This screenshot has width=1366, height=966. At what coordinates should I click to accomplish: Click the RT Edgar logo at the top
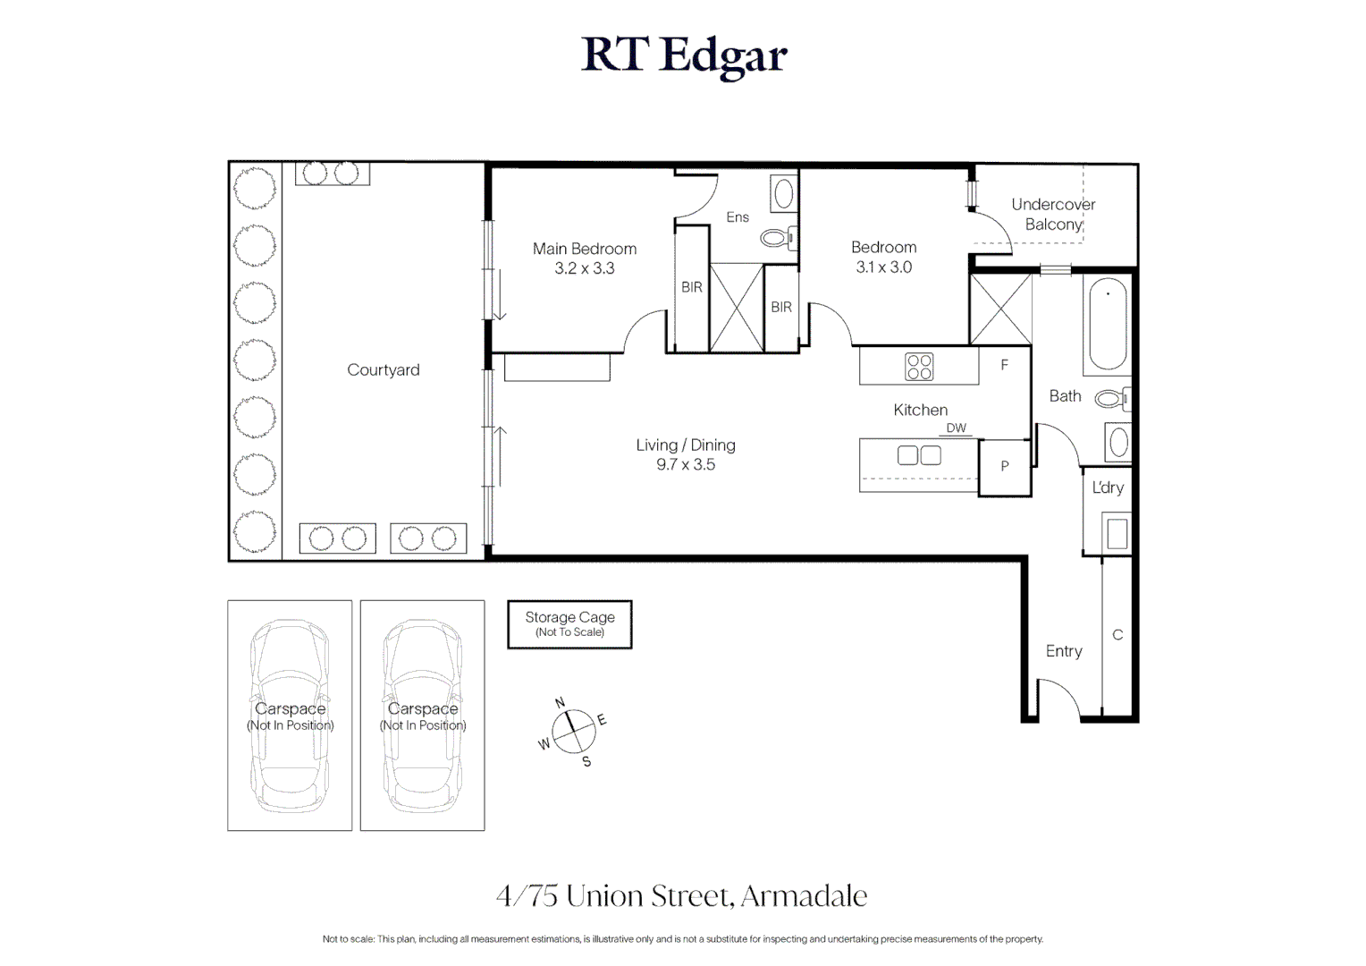(x=684, y=55)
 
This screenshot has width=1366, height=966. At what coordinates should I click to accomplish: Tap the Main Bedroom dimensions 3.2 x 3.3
(x=585, y=268)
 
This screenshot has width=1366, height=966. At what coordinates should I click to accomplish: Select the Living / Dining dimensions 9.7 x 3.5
(x=686, y=464)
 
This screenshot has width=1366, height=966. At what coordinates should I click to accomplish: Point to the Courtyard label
(x=383, y=369)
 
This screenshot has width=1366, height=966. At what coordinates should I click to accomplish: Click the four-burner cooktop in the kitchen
(x=919, y=367)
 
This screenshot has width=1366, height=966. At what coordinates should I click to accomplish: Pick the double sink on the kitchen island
(x=919, y=455)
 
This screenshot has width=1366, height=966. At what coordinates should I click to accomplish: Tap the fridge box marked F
(x=1005, y=365)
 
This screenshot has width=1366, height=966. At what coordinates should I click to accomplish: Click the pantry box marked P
(x=1005, y=466)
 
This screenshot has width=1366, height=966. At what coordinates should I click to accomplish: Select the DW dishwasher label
(x=956, y=428)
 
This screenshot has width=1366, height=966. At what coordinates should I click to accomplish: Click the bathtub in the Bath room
(x=1108, y=325)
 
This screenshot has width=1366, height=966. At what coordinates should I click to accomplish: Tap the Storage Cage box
(x=569, y=623)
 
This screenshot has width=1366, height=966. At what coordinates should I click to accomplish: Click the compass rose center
(x=573, y=732)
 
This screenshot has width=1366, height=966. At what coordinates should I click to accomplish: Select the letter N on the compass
(x=560, y=703)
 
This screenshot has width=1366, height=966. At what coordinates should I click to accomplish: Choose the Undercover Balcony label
(x=1053, y=214)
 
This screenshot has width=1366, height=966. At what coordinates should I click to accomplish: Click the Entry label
(x=1064, y=651)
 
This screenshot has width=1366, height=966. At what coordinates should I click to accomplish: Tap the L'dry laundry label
(x=1108, y=487)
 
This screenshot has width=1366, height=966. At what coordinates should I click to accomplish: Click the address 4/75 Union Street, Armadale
(x=682, y=895)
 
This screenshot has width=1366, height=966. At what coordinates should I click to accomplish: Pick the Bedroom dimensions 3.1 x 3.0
(x=883, y=267)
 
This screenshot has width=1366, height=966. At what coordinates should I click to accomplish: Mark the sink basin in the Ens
(x=783, y=193)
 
